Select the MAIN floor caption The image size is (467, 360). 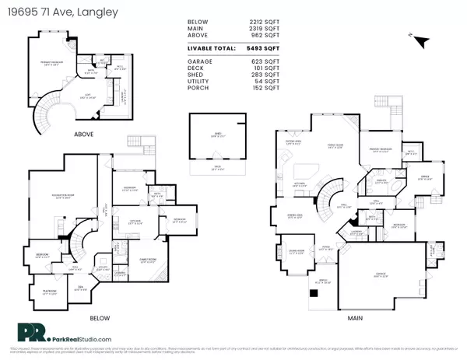point(350,318)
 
